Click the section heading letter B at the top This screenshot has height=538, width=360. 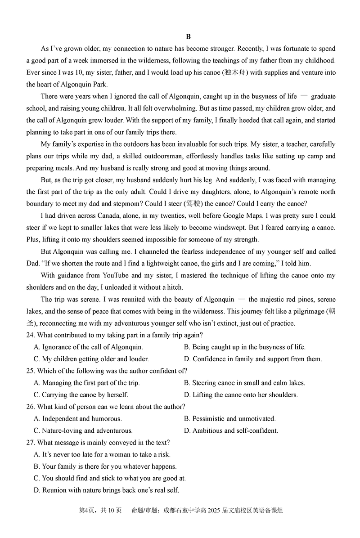point(188,37)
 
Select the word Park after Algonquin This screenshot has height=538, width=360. point(100,84)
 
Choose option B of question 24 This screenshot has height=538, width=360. point(245,347)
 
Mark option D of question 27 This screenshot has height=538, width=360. point(106,490)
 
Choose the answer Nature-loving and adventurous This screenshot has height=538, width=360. point(83,431)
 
